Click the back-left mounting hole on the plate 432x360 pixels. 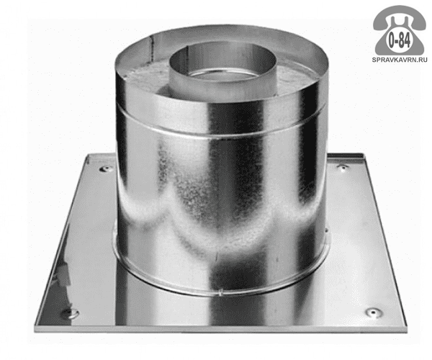107,168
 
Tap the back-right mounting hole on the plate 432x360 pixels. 343,167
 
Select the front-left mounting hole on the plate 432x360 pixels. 69,313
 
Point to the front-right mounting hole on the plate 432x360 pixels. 373,312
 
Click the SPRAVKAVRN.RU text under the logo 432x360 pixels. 400,60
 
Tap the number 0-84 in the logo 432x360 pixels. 399,41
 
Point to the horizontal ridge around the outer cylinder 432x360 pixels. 220,138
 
